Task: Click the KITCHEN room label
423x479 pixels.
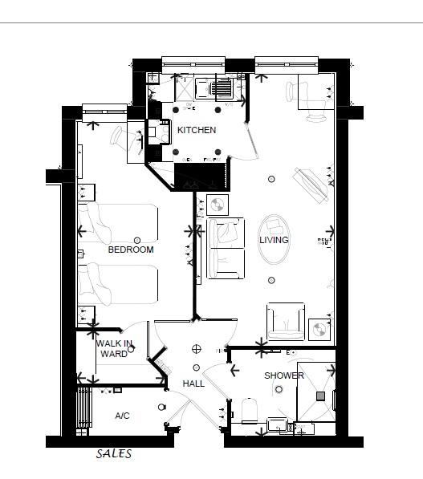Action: [197, 130]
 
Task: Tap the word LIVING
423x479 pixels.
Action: [274, 240]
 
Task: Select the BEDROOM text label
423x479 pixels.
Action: [130, 250]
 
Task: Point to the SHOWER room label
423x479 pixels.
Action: [284, 375]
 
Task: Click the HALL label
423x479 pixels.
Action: [193, 384]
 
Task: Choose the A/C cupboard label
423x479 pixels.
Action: [122, 416]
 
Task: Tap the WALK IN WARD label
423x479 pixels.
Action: [113, 348]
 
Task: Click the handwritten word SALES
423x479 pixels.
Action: [113, 453]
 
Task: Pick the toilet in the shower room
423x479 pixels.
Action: [250, 410]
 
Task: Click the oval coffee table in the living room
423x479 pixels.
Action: [275, 239]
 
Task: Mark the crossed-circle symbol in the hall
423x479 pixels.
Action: [196, 348]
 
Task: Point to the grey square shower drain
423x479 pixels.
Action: [320, 396]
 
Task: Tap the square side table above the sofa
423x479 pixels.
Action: [217, 205]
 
